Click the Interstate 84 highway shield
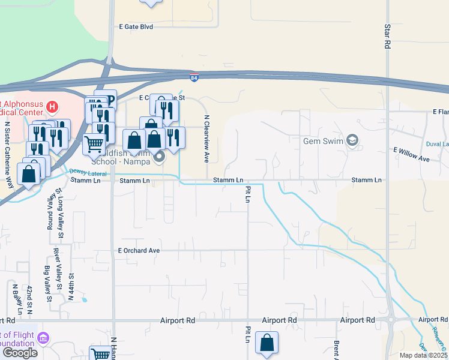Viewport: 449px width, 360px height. coord(193,77)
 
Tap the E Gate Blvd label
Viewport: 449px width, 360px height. coord(136,27)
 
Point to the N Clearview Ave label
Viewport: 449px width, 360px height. coord(206,139)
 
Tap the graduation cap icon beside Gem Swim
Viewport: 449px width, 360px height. coord(352,140)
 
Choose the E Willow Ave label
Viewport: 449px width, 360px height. coord(412,155)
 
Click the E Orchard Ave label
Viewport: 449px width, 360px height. coord(139,250)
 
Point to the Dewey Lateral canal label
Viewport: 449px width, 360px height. coord(86,172)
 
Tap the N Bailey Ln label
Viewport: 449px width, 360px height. coord(16,298)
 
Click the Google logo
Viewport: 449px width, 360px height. coord(20,352)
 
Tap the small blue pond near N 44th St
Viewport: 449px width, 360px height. coord(85,299)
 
